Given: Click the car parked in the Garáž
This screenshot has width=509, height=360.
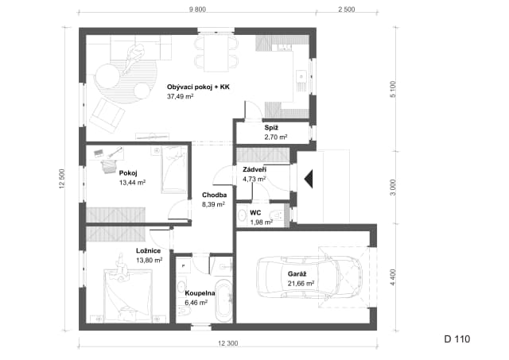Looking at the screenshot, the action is click(x=309, y=277).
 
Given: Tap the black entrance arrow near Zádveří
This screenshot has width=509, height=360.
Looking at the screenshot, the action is click(x=309, y=179).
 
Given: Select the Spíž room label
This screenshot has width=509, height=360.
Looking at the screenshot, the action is click(x=271, y=128).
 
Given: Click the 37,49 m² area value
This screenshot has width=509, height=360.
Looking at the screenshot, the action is click(x=181, y=96).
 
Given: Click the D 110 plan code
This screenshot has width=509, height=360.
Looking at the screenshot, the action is click(x=457, y=339).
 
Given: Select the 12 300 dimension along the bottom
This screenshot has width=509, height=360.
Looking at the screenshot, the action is click(x=228, y=343).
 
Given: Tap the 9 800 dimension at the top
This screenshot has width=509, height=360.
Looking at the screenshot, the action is click(x=197, y=10).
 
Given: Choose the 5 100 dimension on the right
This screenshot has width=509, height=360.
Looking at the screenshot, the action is click(x=393, y=89).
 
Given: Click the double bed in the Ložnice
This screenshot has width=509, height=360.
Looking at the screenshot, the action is click(x=128, y=296).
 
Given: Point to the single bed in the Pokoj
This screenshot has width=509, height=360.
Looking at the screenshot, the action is click(x=174, y=169).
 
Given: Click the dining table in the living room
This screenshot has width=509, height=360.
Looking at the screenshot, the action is click(x=216, y=53).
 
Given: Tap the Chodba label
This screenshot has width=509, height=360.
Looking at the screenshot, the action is click(x=214, y=195).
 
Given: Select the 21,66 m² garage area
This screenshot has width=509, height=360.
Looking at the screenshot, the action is click(x=301, y=284).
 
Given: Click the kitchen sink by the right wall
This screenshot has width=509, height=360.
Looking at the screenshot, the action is click(x=301, y=77).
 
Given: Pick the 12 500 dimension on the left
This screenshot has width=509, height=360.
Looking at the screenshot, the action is click(x=62, y=179).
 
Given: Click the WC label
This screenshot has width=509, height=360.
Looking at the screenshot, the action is click(x=255, y=213).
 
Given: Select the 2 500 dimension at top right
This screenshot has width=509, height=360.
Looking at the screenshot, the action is click(x=347, y=10).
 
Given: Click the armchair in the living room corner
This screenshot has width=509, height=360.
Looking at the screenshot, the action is click(x=107, y=115).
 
